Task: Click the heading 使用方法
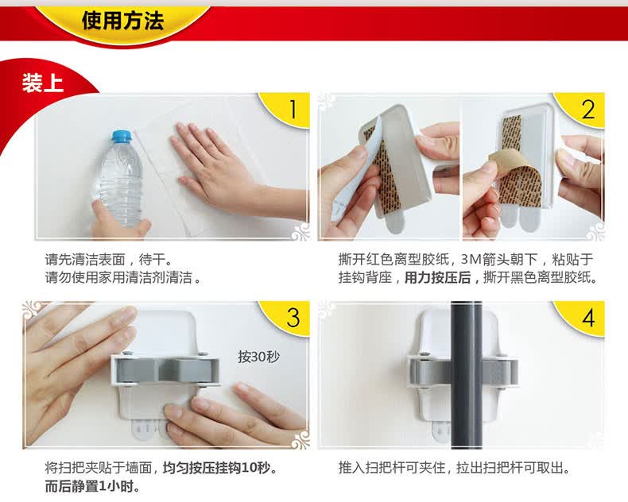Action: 123,21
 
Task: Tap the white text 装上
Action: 43,83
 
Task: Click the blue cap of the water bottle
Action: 122,137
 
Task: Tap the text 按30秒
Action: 258,357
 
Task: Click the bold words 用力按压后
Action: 437,277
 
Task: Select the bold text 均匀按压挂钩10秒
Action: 216,468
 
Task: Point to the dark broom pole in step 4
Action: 467,375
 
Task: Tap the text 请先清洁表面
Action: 85,260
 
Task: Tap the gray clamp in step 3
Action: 165,370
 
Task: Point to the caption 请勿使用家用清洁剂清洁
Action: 118,277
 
